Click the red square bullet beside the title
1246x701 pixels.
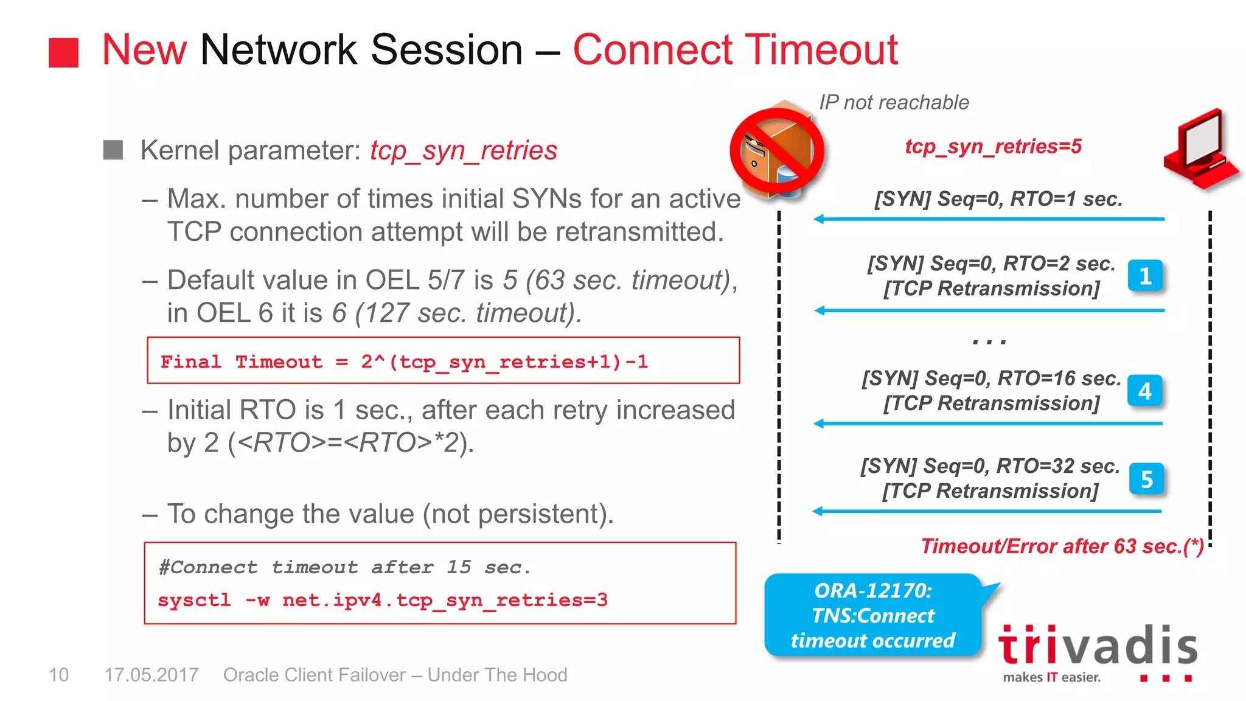[63, 52]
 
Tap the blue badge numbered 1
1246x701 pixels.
[1145, 276]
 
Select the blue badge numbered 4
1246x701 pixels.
[1144, 391]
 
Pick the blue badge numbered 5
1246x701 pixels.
[1146, 479]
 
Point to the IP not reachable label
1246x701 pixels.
[893, 102]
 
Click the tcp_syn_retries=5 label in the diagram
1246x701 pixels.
[993, 147]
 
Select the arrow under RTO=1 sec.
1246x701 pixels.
[989, 219]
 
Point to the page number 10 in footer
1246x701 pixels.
[58, 675]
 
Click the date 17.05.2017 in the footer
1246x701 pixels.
[151, 675]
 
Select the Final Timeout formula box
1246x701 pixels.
[443, 361]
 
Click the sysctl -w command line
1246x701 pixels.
[382, 601]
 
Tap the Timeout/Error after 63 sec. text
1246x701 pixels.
[1062, 546]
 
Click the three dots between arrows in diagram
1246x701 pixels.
[989, 342]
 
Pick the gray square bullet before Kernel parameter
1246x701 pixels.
[113, 150]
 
